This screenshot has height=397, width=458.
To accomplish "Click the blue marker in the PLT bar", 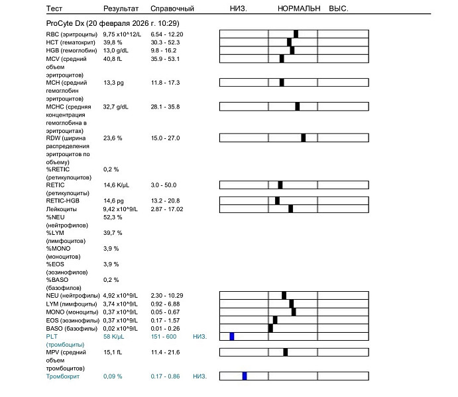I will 232,336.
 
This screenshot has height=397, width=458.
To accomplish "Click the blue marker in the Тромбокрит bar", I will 245,376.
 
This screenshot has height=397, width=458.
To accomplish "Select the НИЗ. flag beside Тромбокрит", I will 200,376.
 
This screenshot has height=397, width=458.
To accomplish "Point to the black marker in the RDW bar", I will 304,138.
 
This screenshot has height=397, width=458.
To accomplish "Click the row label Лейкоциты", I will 61,209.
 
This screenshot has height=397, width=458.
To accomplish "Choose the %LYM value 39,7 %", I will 113,233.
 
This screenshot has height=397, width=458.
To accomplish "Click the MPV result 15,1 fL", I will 113,352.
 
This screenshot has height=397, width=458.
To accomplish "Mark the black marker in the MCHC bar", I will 298,106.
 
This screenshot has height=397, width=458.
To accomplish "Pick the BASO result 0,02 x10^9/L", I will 121,328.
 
